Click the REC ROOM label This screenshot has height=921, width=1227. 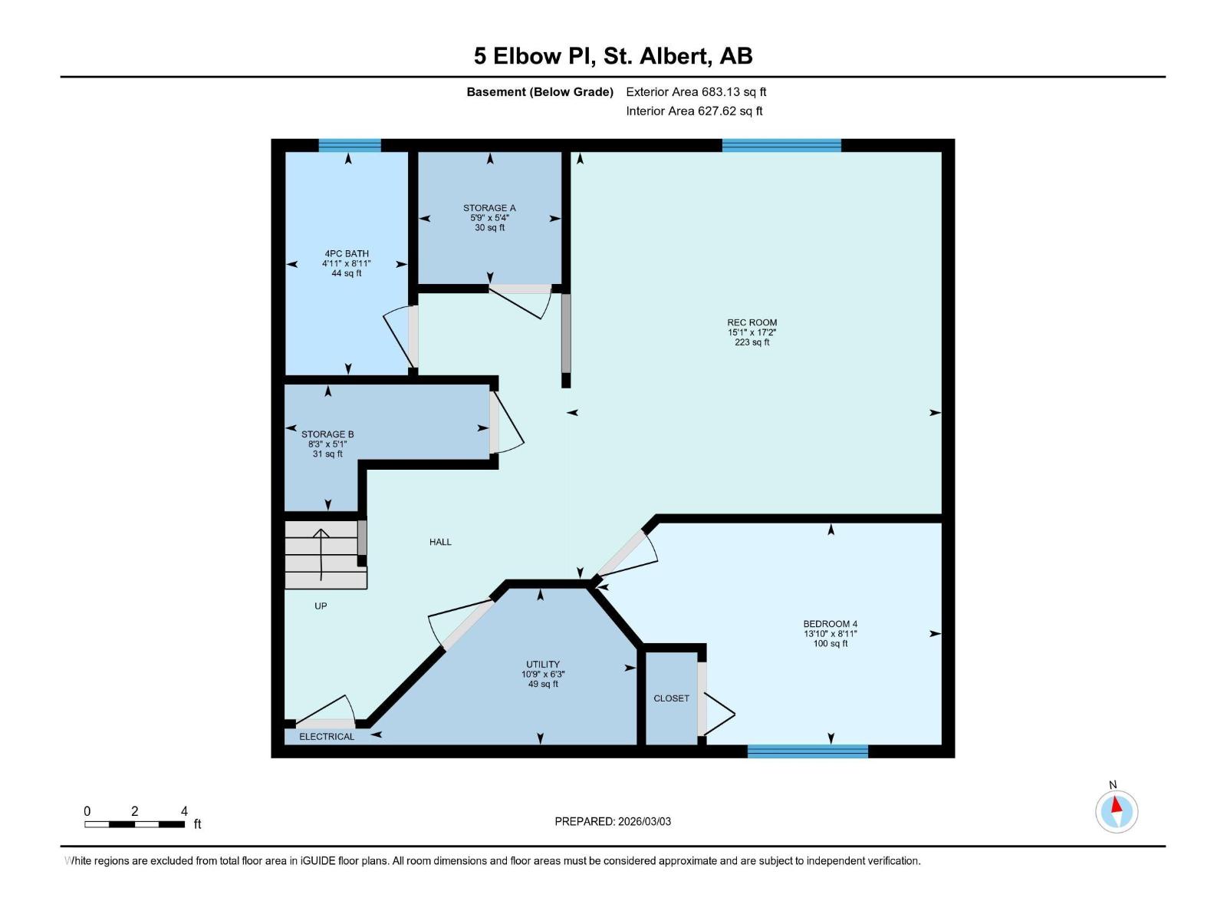tap(752, 323)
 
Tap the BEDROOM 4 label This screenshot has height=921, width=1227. tap(830, 624)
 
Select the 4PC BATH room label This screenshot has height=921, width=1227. tap(347, 253)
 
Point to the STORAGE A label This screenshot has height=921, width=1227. tap(489, 208)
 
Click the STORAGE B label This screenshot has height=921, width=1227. tap(327, 434)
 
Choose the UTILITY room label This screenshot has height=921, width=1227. tap(543, 665)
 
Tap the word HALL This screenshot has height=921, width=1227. tap(440, 542)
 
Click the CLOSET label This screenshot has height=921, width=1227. tap(671, 698)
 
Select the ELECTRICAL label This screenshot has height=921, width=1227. tap(327, 737)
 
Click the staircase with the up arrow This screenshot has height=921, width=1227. tap(322, 554)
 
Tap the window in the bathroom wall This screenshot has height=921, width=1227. tap(350, 145)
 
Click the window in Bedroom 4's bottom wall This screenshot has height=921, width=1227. tap(808, 751)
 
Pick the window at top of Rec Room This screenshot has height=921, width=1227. tap(781, 145)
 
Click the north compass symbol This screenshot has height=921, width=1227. tap(1117, 811)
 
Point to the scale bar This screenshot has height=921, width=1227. tap(134, 824)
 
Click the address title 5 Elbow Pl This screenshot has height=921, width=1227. tap(613, 56)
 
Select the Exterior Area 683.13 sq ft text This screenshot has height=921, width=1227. tap(696, 92)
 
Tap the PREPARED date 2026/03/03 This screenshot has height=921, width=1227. tap(613, 821)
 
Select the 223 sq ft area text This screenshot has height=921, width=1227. tap(752, 342)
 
